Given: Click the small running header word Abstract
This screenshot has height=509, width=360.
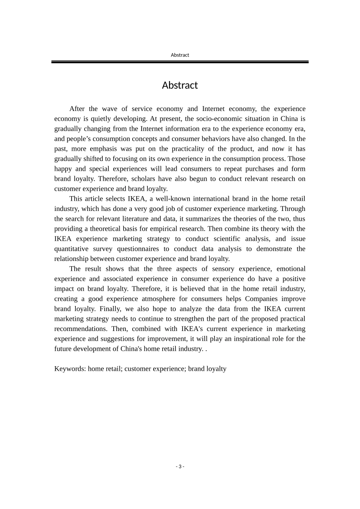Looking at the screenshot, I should pos(180,55).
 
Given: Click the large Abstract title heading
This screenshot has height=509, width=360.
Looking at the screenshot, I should pos(180,85).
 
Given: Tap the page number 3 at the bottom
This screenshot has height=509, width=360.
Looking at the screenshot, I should pos(180,466).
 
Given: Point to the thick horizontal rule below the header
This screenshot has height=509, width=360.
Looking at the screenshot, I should pos(180,62).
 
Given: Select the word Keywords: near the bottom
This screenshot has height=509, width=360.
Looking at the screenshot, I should pos(70,368).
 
